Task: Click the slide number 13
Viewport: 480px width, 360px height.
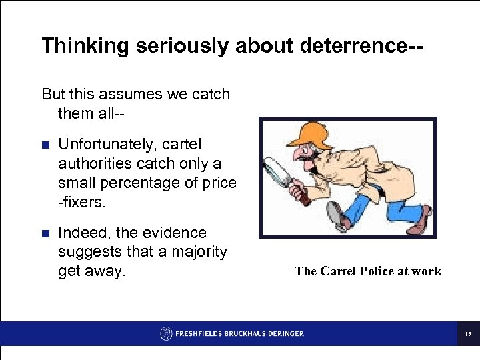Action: point(467,333)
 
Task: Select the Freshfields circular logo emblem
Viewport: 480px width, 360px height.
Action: point(166,333)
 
